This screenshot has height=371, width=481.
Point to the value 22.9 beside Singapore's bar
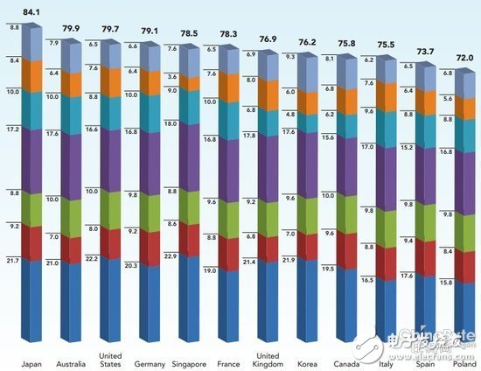(x=171, y=256)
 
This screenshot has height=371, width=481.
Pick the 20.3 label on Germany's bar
(x=131, y=266)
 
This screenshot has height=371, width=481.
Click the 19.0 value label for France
(x=211, y=271)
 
